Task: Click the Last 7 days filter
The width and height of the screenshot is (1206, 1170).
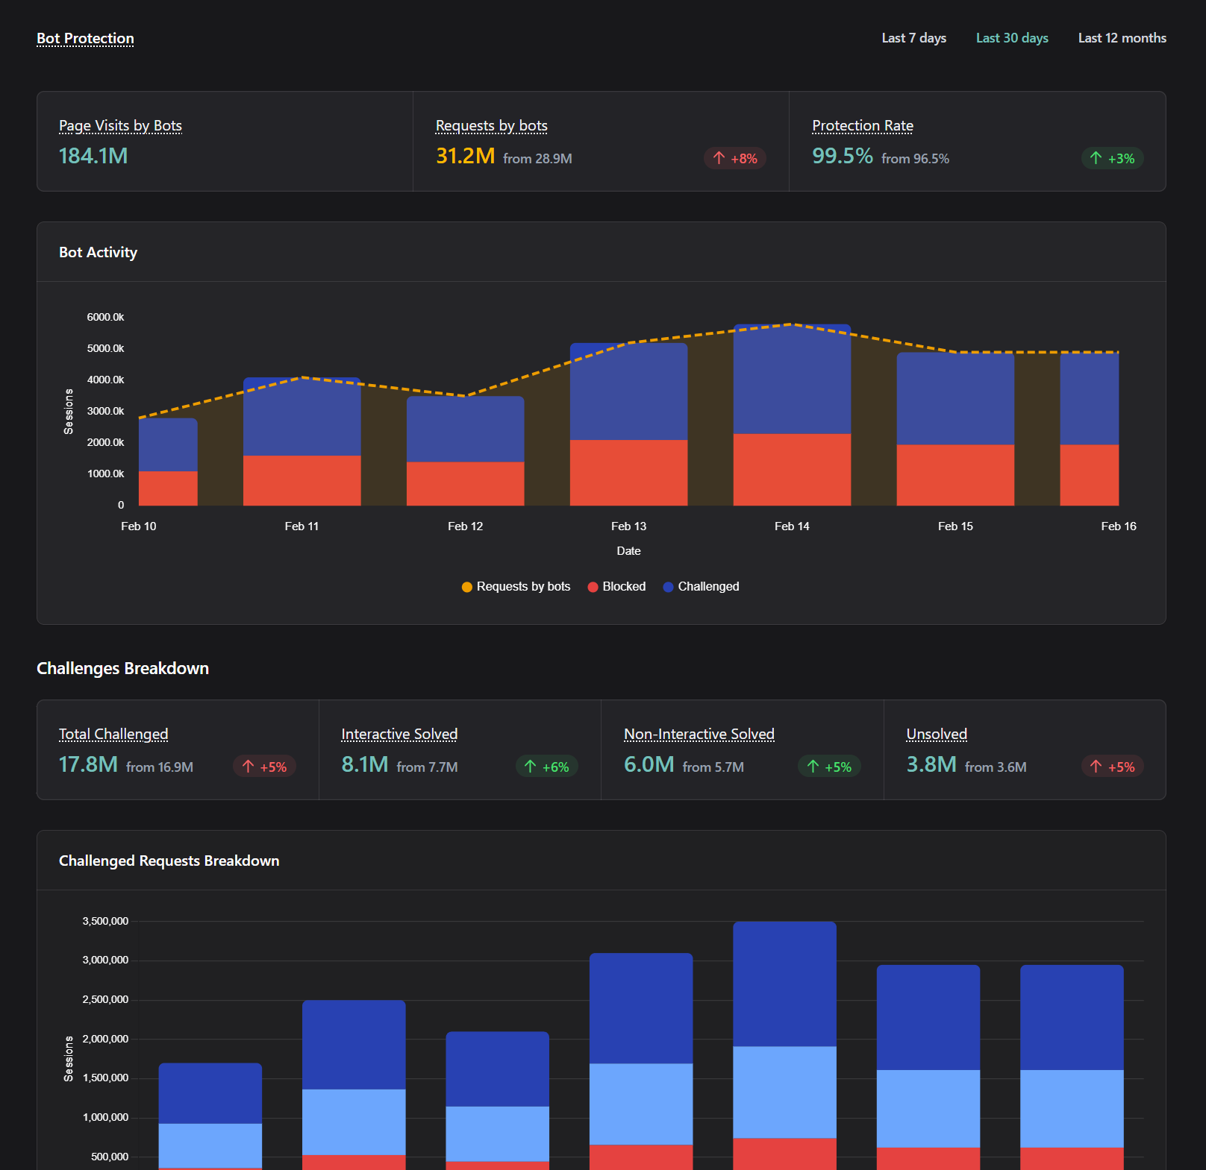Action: coord(913,38)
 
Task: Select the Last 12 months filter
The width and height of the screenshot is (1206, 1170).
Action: coord(1122,38)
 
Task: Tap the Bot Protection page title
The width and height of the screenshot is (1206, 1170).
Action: coord(85,38)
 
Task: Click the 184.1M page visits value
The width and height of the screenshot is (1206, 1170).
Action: coord(93,156)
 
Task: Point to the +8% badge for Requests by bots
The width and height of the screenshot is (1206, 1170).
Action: coord(735,158)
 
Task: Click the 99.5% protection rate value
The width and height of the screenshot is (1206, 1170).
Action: coord(842,156)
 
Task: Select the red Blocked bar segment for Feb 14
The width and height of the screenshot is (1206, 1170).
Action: coord(792,469)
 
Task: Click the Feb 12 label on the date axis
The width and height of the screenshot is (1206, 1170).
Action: coord(465,526)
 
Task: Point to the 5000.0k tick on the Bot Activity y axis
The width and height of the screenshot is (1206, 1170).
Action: coord(105,348)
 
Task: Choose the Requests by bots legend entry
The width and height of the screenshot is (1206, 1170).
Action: coord(516,587)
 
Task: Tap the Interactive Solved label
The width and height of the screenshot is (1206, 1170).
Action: coord(399,735)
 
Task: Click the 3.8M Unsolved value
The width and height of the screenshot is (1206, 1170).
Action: coord(931,764)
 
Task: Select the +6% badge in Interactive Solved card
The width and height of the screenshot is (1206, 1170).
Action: coord(547,767)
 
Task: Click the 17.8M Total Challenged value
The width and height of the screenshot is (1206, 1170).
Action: coord(88,764)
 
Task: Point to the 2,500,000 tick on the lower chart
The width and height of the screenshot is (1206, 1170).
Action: coord(105,999)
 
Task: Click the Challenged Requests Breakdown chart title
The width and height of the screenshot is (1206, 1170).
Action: coord(169,861)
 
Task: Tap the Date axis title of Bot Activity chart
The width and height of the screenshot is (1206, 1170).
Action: coord(628,551)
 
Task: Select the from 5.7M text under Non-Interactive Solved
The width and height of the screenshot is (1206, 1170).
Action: coord(713,767)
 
